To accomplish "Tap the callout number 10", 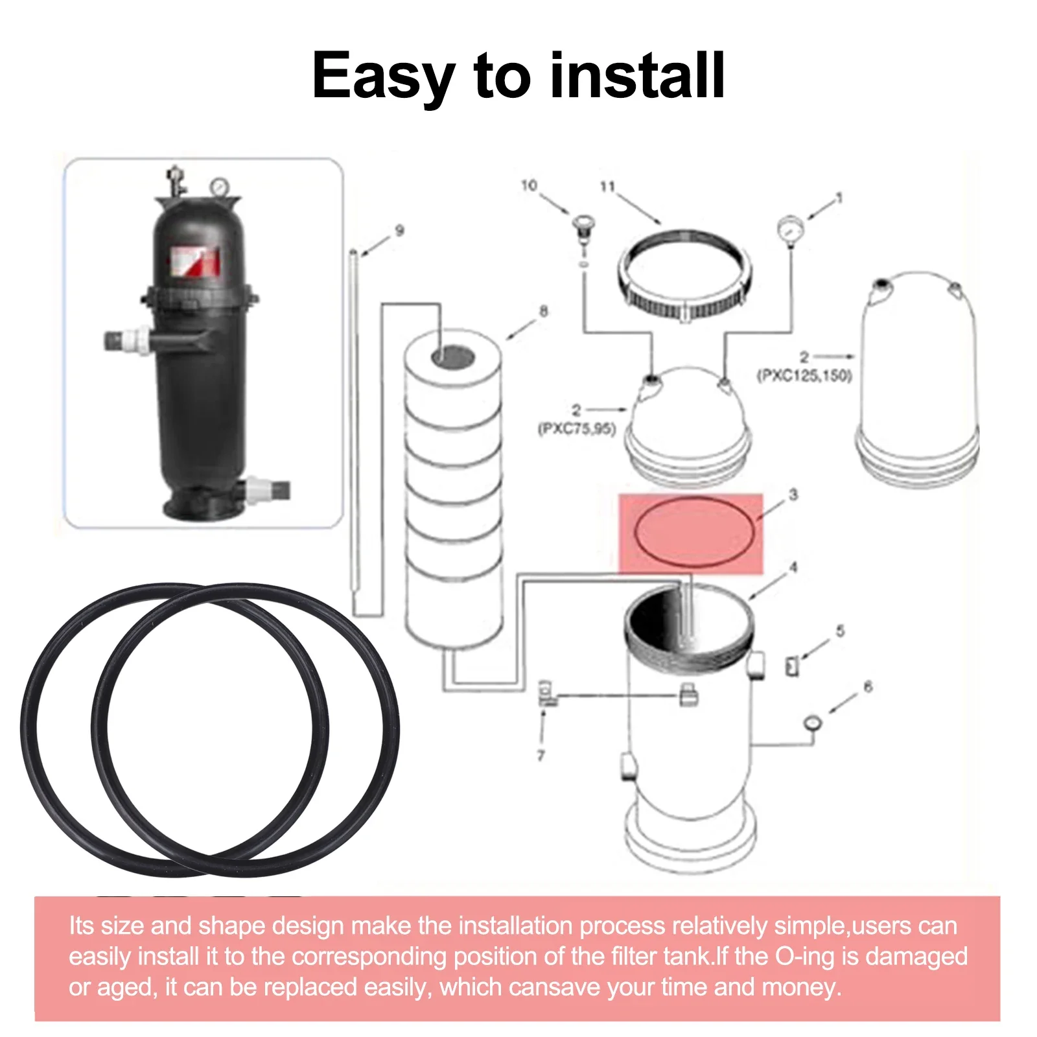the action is coord(530,185).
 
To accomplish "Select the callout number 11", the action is coord(607,187).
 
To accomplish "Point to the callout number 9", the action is coord(400,230).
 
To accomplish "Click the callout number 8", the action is coord(544,311).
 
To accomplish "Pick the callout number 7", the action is coord(541,755).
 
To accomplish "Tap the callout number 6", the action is coord(868,686).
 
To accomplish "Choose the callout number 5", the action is coord(841,631).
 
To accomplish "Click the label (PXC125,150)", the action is coord(804,375).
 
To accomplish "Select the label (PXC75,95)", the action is coord(577,428).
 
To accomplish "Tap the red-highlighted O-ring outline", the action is coord(693,498).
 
